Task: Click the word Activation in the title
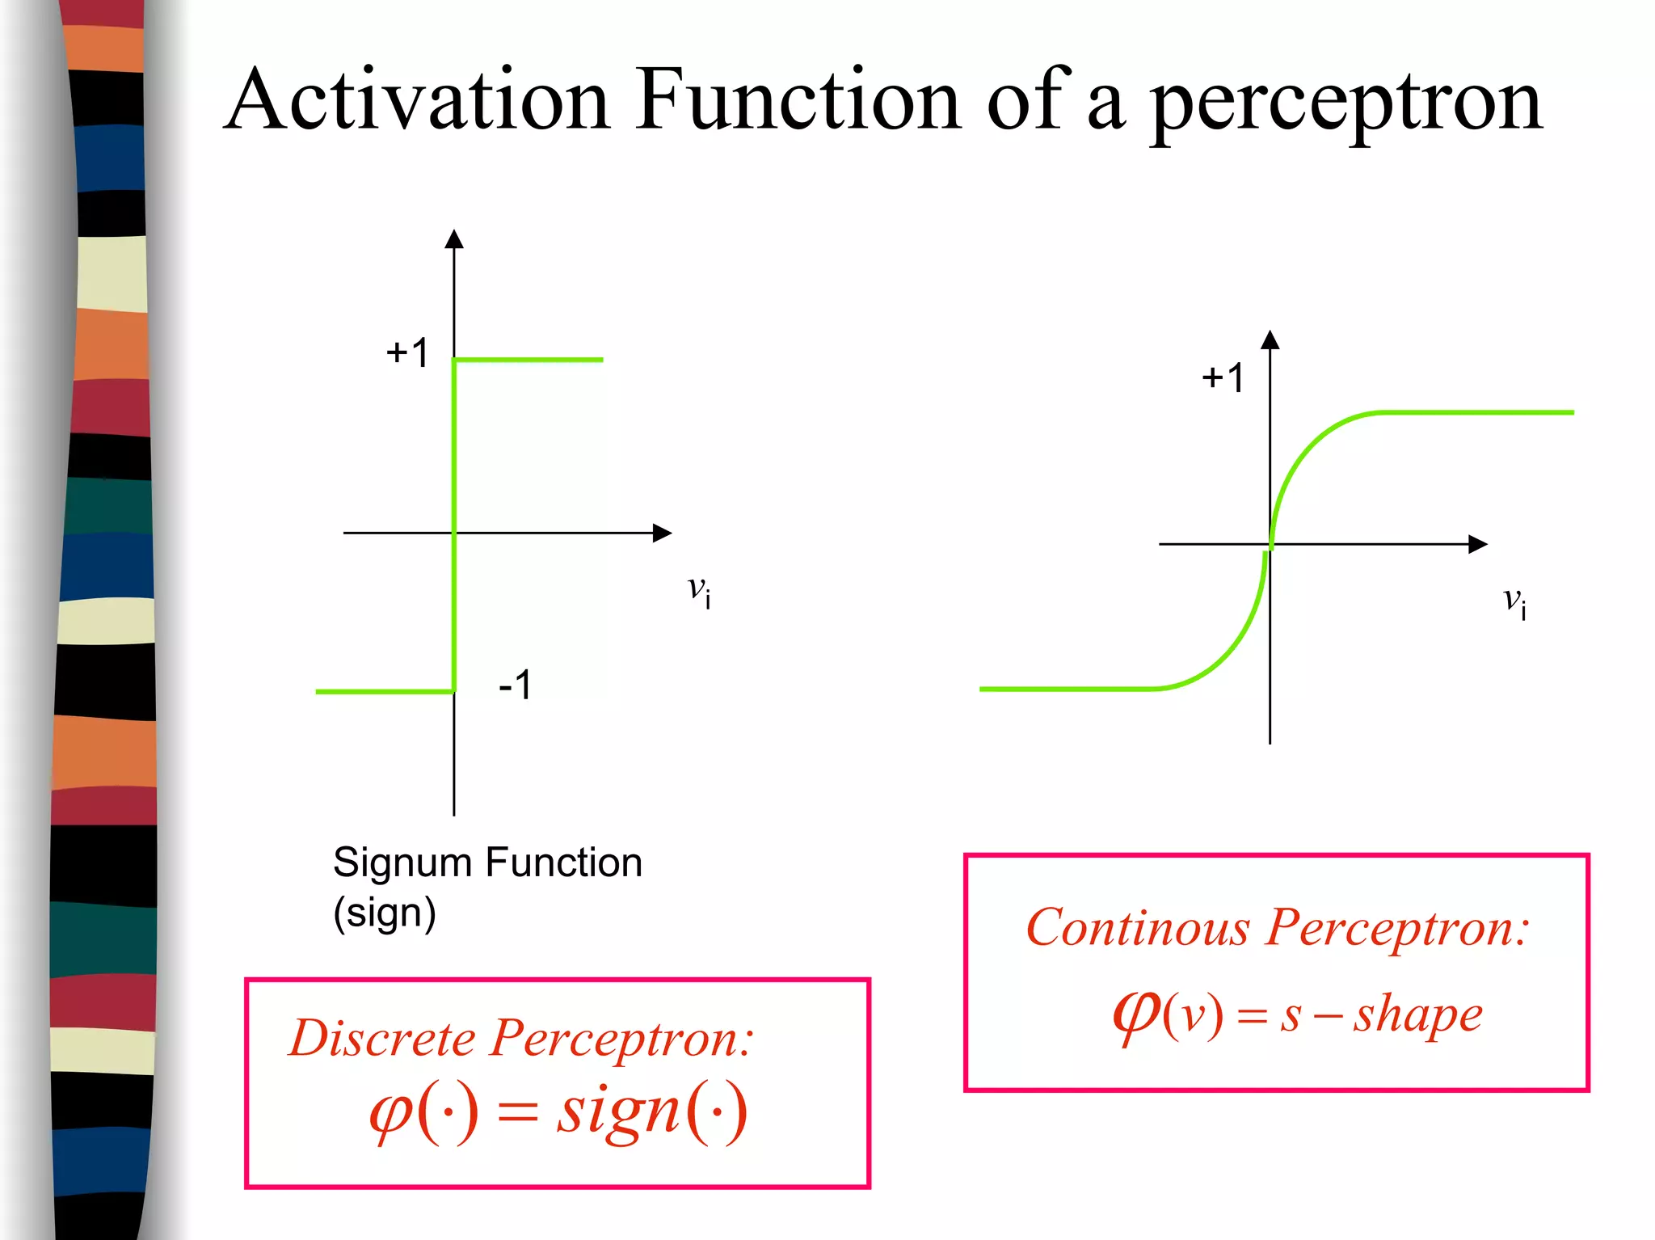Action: (x=416, y=100)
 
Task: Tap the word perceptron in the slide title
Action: (x=1345, y=105)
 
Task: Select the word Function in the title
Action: (x=798, y=100)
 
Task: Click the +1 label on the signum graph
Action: (x=407, y=353)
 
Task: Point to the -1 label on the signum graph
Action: (x=516, y=685)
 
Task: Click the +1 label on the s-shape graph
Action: (x=1223, y=378)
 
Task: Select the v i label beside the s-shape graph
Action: (x=1514, y=601)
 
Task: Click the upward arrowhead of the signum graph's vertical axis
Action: (x=454, y=238)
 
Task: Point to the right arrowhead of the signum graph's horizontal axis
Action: (x=663, y=533)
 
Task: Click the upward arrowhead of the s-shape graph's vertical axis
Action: (x=1270, y=340)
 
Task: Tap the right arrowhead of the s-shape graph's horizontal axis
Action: (x=1478, y=544)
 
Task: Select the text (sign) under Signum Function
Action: (x=385, y=913)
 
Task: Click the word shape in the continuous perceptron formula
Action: (x=1419, y=1015)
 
